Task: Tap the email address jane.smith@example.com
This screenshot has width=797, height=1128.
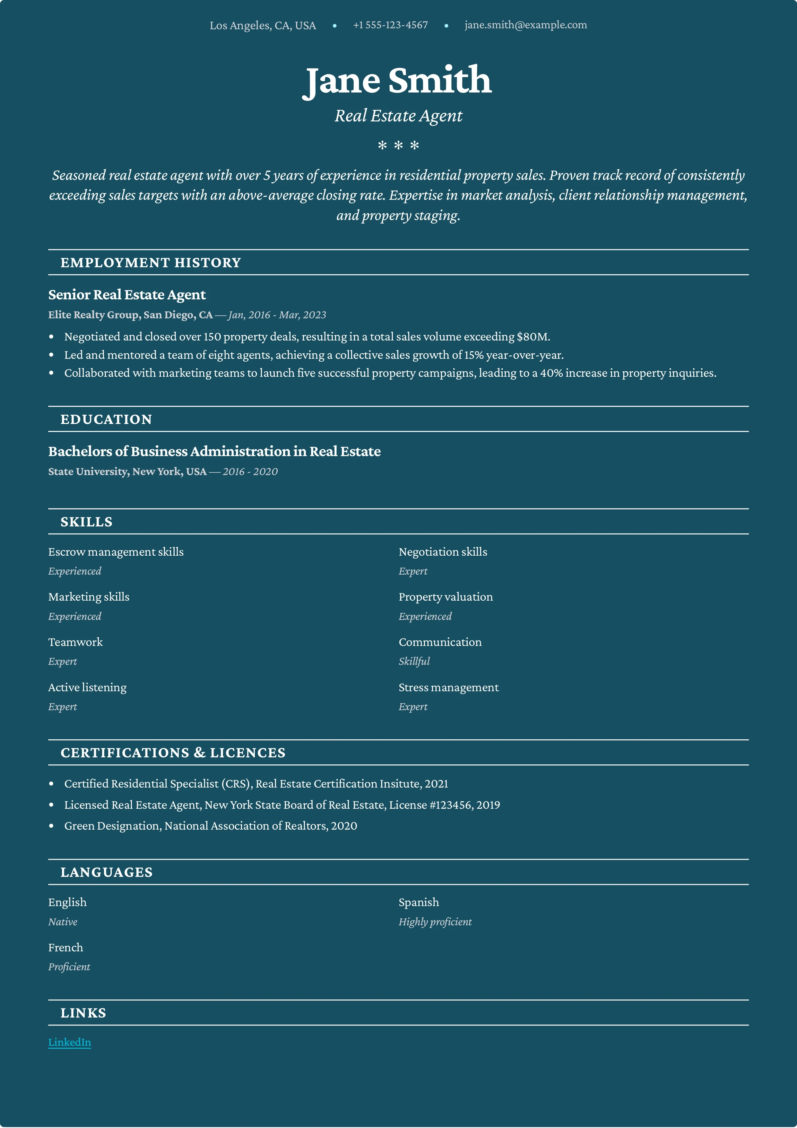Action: pyautogui.click(x=525, y=25)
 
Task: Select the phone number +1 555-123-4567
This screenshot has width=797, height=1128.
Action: pyautogui.click(x=390, y=25)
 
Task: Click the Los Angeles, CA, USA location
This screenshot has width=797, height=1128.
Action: pyautogui.click(x=263, y=26)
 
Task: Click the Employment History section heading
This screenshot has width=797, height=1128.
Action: pyautogui.click(x=151, y=263)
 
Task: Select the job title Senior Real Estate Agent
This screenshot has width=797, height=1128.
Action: pyautogui.click(x=127, y=295)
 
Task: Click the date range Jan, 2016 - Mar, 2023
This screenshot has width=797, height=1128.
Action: pyautogui.click(x=277, y=315)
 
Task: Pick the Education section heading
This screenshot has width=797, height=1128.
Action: pyautogui.click(x=106, y=419)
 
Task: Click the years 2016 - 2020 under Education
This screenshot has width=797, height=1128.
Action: pyautogui.click(x=250, y=471)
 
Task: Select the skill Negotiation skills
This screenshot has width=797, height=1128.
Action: pyautogui.click(x=442, y=552)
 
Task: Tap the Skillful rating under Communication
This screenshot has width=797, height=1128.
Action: pyautogui.click(x=414, y=661)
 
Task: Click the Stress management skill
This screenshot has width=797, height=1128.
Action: pyautogui.click(x=448, y=687)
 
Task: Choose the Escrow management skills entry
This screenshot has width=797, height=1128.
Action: pyautogui.click(x=116, y=552)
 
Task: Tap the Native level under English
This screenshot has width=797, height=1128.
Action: pyautogui.click(x=62, y=922)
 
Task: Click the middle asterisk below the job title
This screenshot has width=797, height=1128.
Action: pyautogui.click(x=398, y=145)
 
